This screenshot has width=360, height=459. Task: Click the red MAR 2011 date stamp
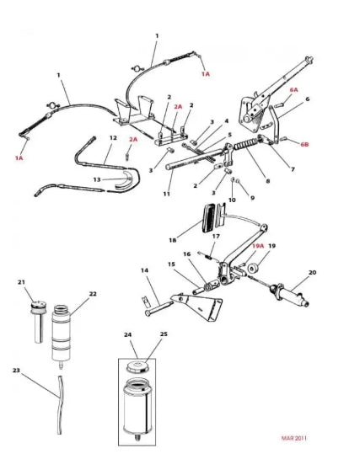click(293, 438)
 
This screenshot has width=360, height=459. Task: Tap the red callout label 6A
click(293, 89)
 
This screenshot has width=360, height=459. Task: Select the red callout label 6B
click(304, 144)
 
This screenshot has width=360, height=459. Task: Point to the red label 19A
click(258, 246)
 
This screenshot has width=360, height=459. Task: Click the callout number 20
click(313, 272)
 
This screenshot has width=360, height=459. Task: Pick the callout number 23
click(16, 371)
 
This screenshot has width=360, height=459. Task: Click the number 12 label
click(113, 137)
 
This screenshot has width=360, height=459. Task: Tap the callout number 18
click(173, 240)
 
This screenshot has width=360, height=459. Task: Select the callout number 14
click(144, 270)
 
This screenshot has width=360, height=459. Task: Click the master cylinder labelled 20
click(289, 294)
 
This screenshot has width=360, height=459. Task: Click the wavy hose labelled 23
click(61, 404)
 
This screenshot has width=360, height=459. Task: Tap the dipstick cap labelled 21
click(39, 306)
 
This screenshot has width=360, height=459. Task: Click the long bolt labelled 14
click(159, 309)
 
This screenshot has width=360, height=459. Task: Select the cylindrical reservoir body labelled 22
click(62, 335)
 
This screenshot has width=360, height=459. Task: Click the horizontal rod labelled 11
click(194, 159)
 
